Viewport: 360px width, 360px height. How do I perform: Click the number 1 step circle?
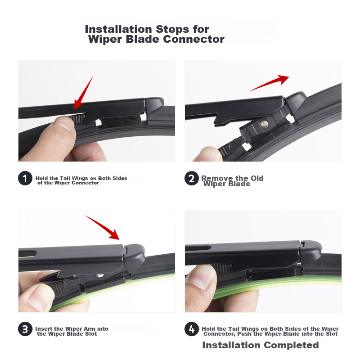pyautogui.click(x=25, y=178)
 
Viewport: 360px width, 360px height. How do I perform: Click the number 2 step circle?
pyautogui.click(x=192, y=178)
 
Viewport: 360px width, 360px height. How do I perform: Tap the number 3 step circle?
pyautogui.click(x=25, y=329)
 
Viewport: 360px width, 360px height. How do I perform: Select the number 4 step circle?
pyautogui.click(x=192, y=329)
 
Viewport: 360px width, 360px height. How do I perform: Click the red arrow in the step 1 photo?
pyautogui.click(x=83, y=93)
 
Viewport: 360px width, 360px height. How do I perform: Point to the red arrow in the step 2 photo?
pyautogui.click(x=270, y=83)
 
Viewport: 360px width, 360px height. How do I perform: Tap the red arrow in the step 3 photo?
pyautogui.click(x=103, y=228)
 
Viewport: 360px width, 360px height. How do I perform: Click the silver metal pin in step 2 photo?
pyautogui.click(x=265, y=124)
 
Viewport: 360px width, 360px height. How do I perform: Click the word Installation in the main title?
pyautogui.click(x=118, y=29)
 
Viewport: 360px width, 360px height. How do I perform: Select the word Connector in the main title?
pyautogui.click(x=193, y=39)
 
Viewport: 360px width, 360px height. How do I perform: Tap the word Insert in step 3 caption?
pyautogui.click(x=44, y=329)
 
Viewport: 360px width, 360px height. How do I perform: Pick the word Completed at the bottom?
pyautogui.click(x=291, y=345)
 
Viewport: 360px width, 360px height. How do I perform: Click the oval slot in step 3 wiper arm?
pyautogui.click(x=27, y=254)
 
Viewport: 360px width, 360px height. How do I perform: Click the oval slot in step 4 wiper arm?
pyautogui.click(x=198, y=248)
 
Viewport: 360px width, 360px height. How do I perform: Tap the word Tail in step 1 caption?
pyautogui.click(x=65, y=178)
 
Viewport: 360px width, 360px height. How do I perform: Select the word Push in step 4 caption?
pyautogui.click(x=244, y=333)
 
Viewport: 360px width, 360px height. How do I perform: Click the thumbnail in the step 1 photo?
pyautogui.click(x=65, y=124)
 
